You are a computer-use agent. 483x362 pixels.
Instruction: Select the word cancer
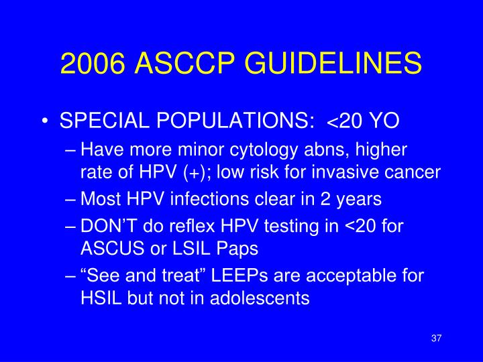point(413,172)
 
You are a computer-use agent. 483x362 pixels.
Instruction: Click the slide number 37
point(436,337)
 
